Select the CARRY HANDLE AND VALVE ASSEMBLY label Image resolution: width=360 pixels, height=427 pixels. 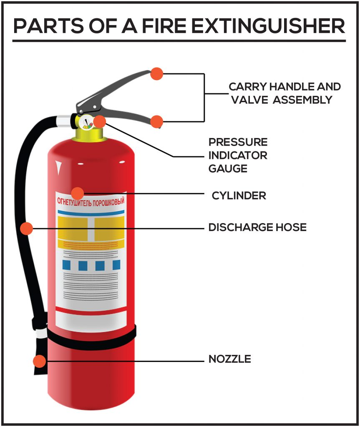tap(284, 93)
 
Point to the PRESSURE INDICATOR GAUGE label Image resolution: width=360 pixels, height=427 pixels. tap(238, 155)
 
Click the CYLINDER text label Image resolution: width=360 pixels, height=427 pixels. tap(239, 195)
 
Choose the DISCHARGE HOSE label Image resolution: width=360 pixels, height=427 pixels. tap(257, 227)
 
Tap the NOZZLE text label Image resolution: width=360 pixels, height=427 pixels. tap(229, 359)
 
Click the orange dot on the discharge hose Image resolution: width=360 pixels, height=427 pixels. tap(26, 228)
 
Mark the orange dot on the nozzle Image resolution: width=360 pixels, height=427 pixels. tap(39, 361)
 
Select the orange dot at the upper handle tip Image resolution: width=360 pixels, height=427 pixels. tap(156, 73)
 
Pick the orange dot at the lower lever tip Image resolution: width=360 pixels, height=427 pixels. tap(156, 121)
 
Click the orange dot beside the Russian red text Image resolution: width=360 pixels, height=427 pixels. tap(78, 193)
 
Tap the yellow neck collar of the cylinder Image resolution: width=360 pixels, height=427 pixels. tap(88, 134)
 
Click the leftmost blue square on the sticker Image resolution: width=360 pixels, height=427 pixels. tap(66, 265)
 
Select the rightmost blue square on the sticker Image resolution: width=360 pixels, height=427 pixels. tap(116, 265)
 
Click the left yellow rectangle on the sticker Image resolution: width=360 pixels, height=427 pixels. tap(72, 228)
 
